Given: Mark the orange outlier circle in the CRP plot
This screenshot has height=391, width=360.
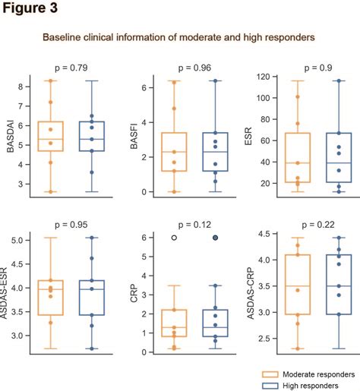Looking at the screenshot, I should click(x=174, y=238).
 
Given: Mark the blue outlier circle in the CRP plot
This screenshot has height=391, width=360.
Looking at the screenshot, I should click(x=216, y=238).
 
